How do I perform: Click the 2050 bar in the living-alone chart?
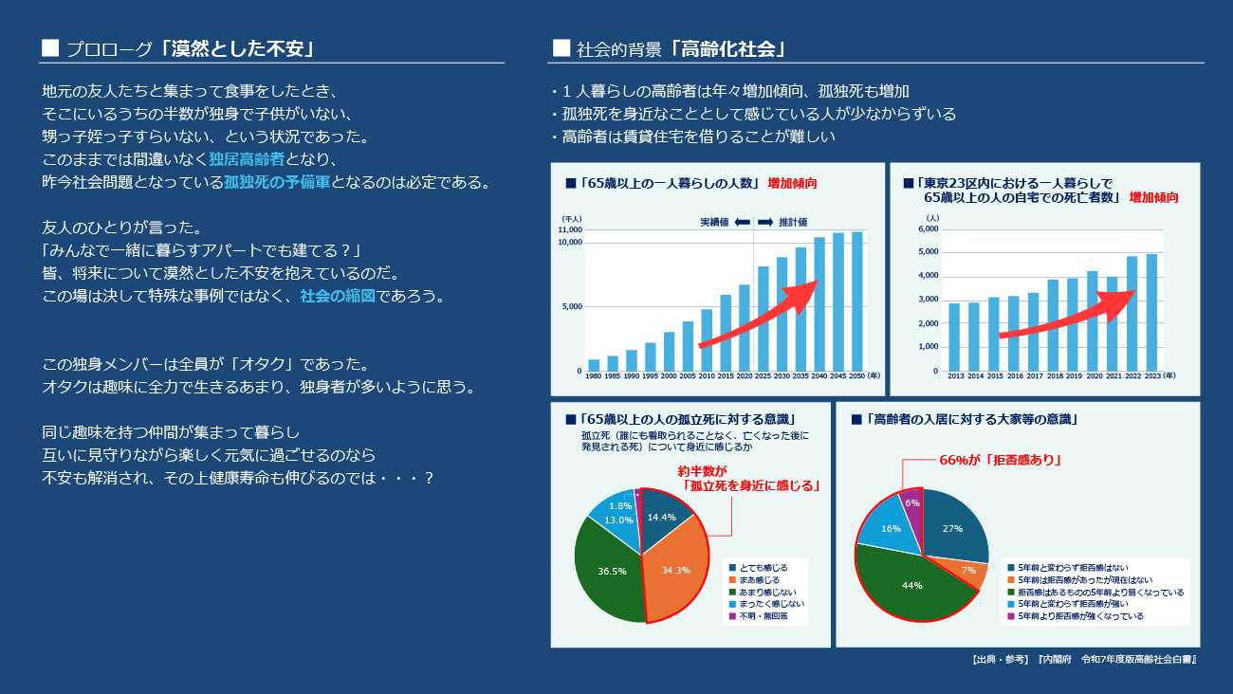coord(857,301)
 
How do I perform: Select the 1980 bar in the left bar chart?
coord(594,365)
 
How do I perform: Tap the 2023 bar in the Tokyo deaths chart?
coord(1151,312)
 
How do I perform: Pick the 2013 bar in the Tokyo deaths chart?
coord(954,337)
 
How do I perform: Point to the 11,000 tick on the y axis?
coord(570,230)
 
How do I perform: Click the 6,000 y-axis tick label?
coord(929,228)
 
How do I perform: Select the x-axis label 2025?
coord(764,376)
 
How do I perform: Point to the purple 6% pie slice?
coord(911,506)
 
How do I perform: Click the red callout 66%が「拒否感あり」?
coord(999,460)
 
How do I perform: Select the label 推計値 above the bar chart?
coord(793,222)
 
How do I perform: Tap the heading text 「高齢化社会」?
coord(731,48)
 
